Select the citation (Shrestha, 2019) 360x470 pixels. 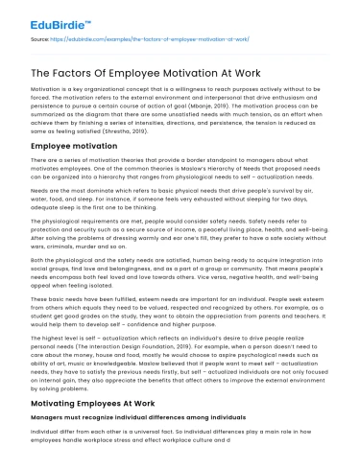coord(211,139)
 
